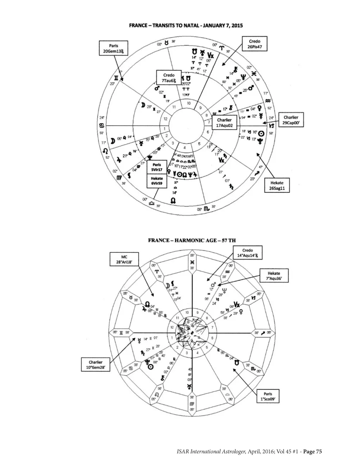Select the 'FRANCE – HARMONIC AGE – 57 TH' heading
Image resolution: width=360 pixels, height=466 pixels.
192,241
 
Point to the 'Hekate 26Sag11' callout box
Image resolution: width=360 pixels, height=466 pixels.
277,186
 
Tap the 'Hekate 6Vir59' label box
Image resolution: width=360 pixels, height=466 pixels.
156,181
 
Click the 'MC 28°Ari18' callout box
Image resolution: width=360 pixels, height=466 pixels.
122,260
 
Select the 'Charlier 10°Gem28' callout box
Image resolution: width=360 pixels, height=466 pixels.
96,365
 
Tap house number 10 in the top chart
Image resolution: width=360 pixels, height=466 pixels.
189,103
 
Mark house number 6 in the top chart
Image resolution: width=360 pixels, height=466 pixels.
208,132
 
